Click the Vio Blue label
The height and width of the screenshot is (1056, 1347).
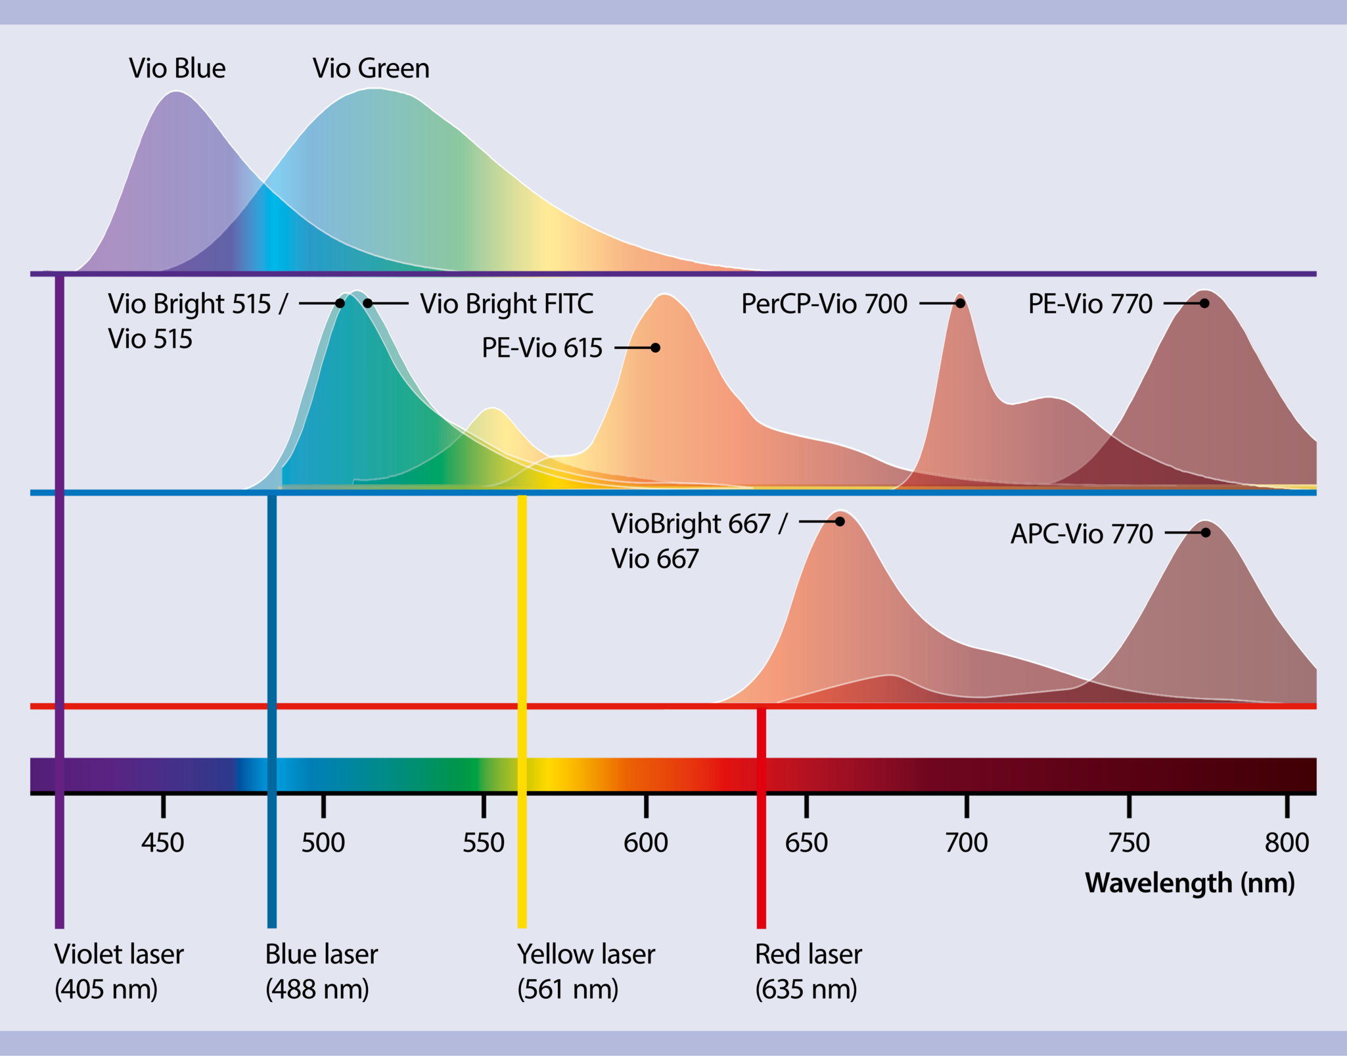click(177, 68)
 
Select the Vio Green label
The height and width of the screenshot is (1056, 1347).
click(371, 68)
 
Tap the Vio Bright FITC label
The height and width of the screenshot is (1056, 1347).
click(506, 304)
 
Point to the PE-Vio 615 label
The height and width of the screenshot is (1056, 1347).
click(541, 348)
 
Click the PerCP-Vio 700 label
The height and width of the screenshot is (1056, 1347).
click(824, 304)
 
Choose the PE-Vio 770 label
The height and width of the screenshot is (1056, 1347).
click(1089, 304)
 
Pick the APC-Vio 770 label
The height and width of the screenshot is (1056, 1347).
click(1081, 534)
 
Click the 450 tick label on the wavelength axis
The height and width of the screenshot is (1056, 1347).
click(162, 842)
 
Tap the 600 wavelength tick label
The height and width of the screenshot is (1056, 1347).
click(645, 842)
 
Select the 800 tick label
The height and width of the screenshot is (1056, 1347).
click(1287, 842)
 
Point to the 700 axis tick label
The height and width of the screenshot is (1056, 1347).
click(966, 842)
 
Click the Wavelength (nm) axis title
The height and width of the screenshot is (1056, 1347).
click(1189, 883)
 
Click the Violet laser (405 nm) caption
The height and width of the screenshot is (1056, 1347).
click(118, 971)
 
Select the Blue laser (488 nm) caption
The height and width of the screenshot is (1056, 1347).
click(321, 971)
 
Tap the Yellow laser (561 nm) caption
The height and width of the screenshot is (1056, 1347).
click(585, 971)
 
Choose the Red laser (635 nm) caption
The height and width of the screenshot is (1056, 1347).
click(808, 971)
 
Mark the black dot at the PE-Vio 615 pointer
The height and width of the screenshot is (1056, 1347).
click(655, 348)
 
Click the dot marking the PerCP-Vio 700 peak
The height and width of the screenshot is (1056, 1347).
click(960, 303)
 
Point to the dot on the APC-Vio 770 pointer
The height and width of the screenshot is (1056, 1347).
click(1205, 532)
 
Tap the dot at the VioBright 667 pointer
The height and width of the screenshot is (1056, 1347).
click(840, 521)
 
